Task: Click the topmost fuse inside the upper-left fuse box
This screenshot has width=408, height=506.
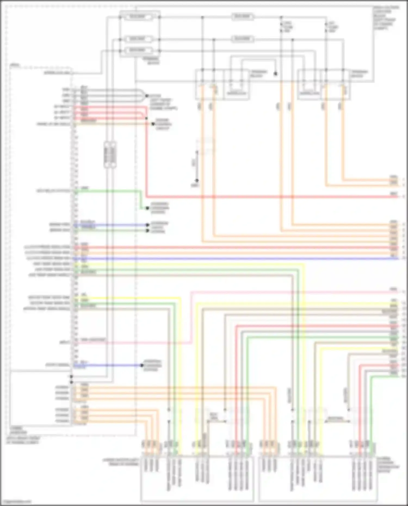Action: [137, 17]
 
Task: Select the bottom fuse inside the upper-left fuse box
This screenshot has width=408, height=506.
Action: [137, 50]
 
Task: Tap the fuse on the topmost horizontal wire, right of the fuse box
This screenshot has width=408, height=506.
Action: [242, 17]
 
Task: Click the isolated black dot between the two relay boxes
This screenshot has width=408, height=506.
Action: [276, 74]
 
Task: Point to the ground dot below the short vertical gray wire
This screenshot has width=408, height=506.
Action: [197, 180]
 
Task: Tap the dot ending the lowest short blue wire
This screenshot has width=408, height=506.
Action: [142, 365]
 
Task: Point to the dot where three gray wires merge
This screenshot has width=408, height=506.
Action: [147, 96]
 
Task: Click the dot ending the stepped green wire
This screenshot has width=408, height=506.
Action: [147, 208]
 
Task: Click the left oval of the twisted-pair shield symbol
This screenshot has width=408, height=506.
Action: [107, 155]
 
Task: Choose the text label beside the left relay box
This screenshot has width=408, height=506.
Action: [259, 74]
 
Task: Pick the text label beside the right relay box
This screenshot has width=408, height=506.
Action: [359, 74]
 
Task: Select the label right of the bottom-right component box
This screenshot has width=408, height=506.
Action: [388, 465]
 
